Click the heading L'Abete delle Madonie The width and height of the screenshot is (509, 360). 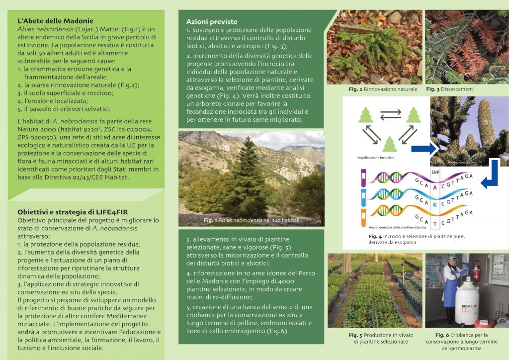55,21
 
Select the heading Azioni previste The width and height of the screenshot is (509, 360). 212,22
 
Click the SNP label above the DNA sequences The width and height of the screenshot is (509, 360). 435,172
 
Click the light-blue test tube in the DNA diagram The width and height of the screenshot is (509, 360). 363,198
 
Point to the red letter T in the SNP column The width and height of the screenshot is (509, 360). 435,224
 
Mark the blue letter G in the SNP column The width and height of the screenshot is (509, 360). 435,204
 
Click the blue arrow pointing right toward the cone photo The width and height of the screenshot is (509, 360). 424,147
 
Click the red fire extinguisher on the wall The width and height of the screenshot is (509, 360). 477,271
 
